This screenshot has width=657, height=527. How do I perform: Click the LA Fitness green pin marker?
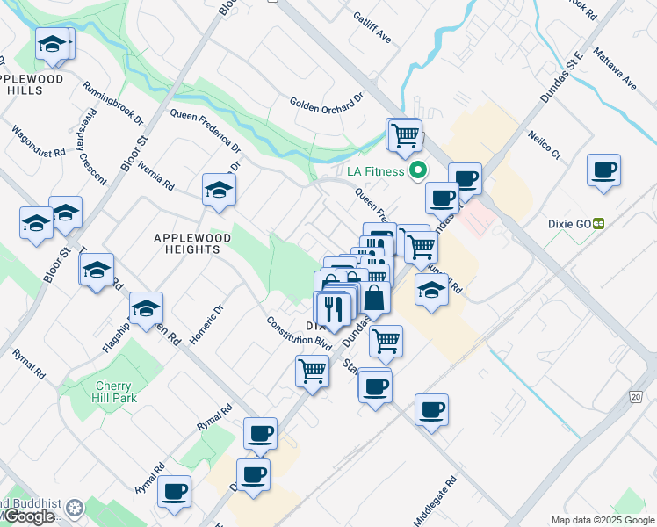[419, 170]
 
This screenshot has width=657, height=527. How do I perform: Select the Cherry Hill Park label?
[113, 392]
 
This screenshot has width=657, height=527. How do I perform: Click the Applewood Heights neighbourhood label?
[192, 243]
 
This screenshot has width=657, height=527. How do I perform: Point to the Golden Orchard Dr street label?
[326, 103]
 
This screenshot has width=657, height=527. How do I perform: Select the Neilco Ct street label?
[544, 145]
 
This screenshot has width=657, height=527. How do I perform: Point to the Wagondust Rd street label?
[39, 141]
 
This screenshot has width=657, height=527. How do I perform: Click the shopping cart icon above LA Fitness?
[405, 134]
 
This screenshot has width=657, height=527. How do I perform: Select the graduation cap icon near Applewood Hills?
[53, 44]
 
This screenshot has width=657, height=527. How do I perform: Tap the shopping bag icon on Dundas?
[374, 298]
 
